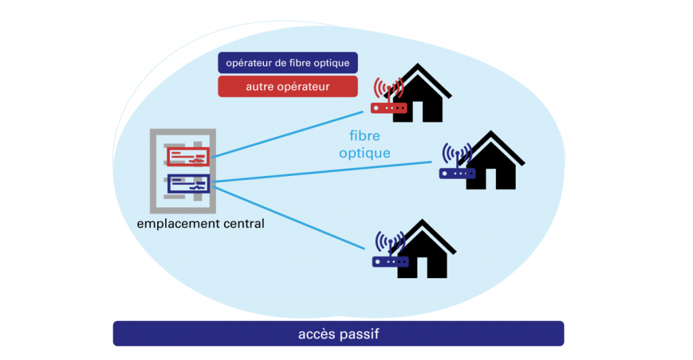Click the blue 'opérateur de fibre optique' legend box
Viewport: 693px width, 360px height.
[288, 63]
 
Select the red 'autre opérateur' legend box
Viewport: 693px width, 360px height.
[288, 87]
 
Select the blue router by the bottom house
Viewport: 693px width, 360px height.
[390, 261]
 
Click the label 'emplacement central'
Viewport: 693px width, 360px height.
[200, 223]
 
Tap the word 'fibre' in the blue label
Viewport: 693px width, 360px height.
[365, 136]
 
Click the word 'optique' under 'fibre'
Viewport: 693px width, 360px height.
[365, 153]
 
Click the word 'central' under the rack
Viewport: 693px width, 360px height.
[241, 223]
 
